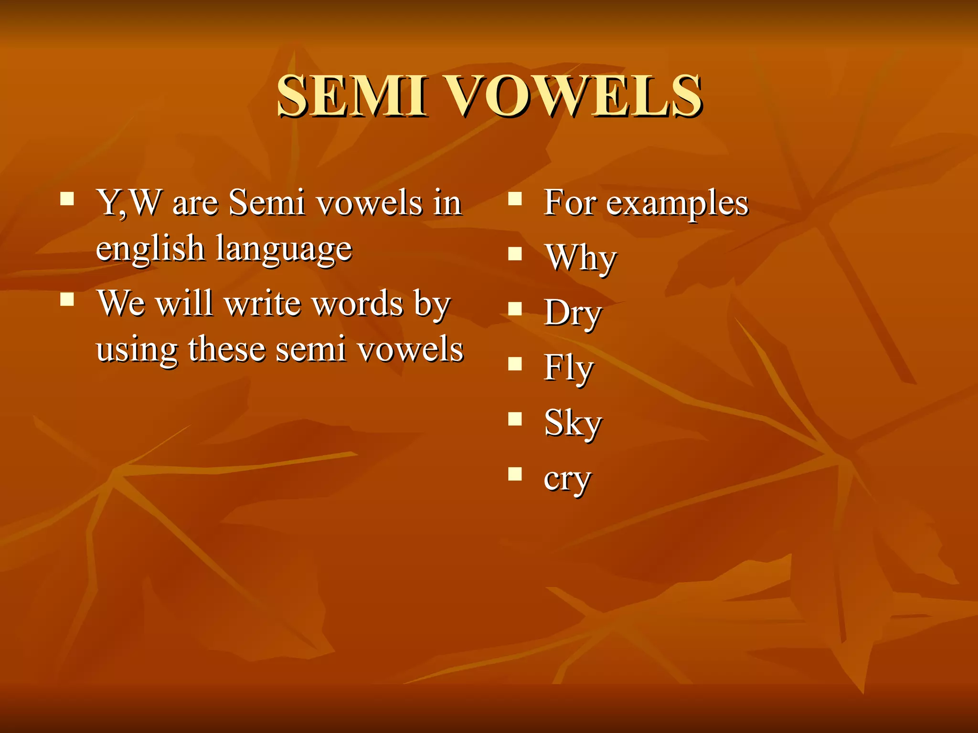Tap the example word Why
pyautogui.click(x=581, y=258)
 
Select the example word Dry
pyautogui.click(x=573, y=313)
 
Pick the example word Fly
pyautogui.click(x=568, y=368)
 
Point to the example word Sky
pyautogui.click(x=573, y=423)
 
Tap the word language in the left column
pyautogui.click(x=284, y=249)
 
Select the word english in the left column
pyautogui.click(x=150, y=249)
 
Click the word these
pyautogui.click(x=227, y=349)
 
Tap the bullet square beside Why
pyautogui.click(x=515, y=253)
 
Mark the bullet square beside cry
pyautogui.click(x=515, y=474)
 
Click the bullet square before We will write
pyautogui.click(x=67, y=299)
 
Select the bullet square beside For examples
pyautogui.click(x=515, y=199)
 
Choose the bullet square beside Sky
pyautogui.click(x=515, y=419)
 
